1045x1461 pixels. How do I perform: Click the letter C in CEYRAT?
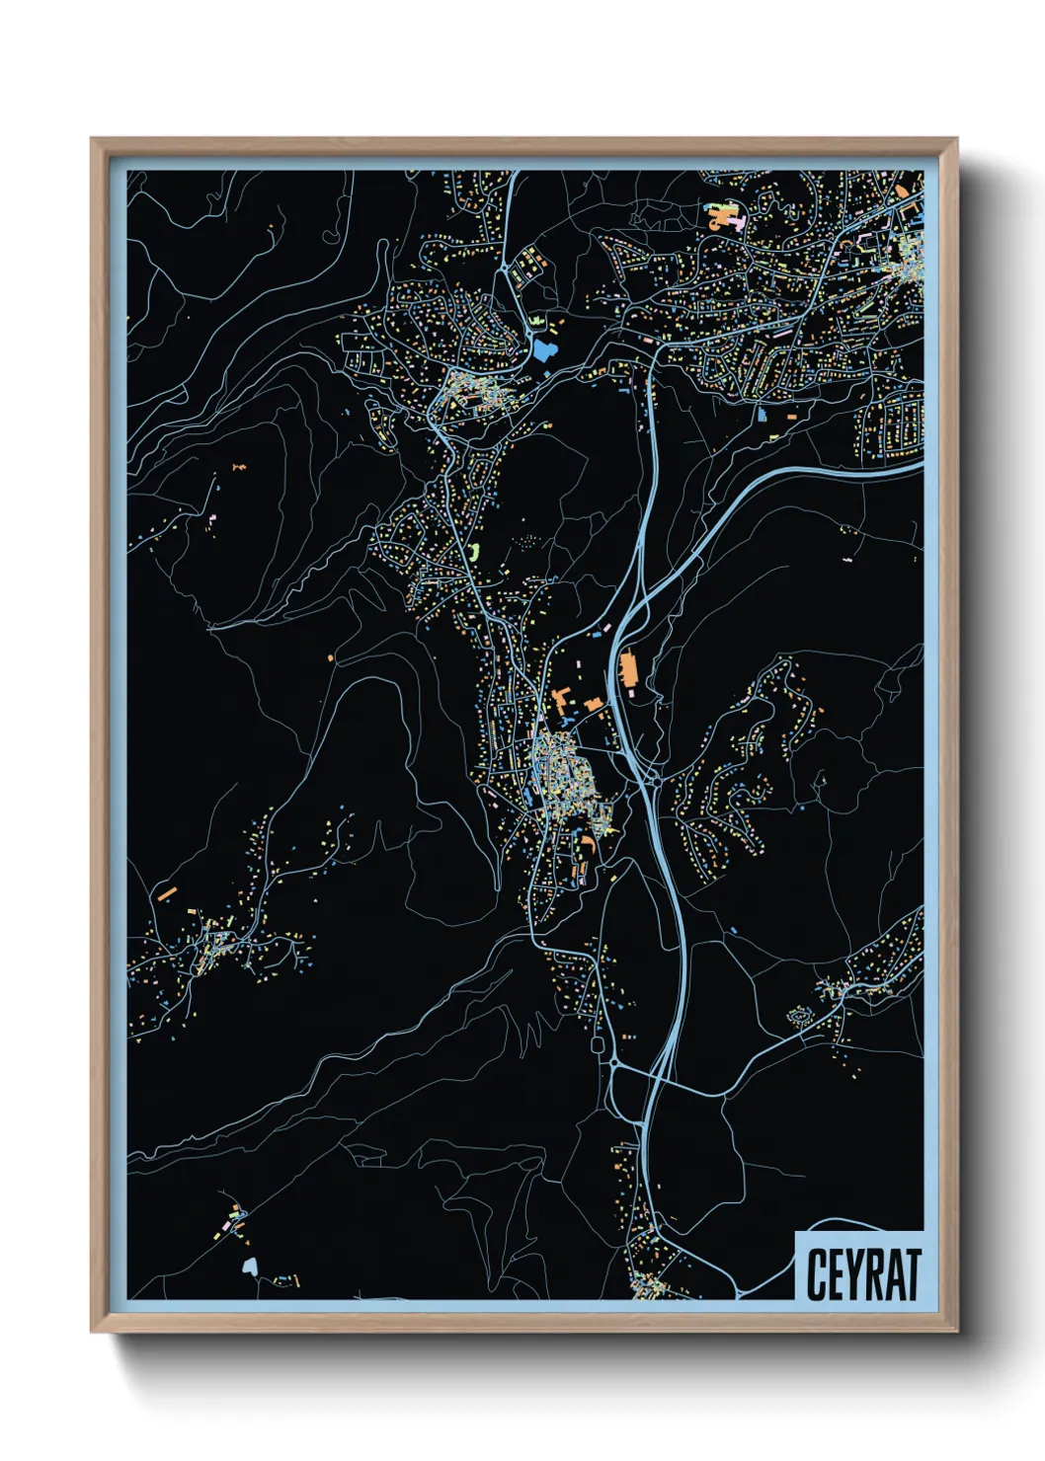pos(817,1274)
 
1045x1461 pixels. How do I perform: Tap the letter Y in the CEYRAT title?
pos(856,1274)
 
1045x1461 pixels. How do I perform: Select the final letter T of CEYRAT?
pos(912,1274)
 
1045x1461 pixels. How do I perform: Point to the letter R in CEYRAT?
pos(875,1274)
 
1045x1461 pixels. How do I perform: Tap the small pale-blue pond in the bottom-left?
pos(250,1265)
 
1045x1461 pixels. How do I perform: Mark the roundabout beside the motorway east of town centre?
pos(649,781)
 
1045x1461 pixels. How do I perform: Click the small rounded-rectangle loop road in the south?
pos(598,1044)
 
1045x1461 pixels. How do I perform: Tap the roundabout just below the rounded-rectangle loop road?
pos(613,1063)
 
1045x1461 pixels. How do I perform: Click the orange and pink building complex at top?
pos(726,215)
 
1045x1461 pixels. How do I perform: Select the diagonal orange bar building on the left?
pos(167,894)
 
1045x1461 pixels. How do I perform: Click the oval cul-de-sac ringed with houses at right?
pos(798,1016)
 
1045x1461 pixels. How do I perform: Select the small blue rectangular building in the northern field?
pos(763,416)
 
